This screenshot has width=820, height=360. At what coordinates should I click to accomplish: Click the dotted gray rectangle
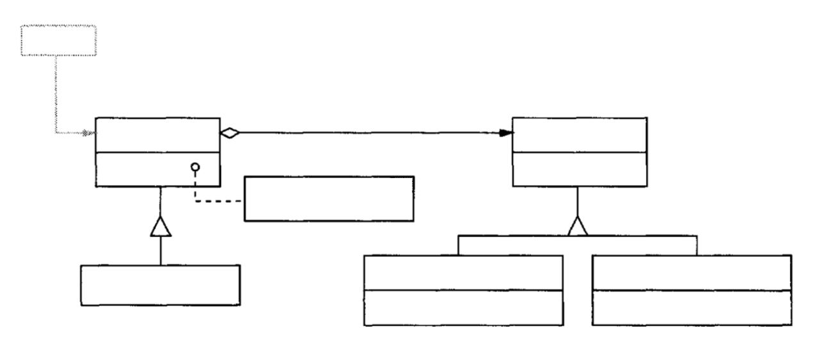[x=58, y=41]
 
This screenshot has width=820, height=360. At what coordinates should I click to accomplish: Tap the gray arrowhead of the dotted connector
[x=90, y=133]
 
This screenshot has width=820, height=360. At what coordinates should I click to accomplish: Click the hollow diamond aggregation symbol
[x=229, y=133]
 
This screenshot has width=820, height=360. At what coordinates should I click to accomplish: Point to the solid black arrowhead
[x=506, y=133]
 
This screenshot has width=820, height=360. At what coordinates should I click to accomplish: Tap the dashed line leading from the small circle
[x=218, y=200]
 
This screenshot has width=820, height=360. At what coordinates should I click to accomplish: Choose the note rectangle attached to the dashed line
[x=329, y=199]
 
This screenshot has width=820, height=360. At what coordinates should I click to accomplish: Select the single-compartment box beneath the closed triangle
[x=160, y=285]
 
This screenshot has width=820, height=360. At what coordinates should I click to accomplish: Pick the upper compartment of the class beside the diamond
[x=157, y=135]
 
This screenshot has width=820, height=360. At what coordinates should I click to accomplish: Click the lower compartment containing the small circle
[x=141, y=170]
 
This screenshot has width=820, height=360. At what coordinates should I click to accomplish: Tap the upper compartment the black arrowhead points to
[x=579, y=135]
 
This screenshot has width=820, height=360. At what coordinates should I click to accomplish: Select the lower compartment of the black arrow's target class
[x=579, y=170]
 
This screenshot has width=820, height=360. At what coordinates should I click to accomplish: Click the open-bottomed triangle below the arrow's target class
[x=578, y=225]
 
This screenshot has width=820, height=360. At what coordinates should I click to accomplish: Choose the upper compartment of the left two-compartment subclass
[x=463, y=273]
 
